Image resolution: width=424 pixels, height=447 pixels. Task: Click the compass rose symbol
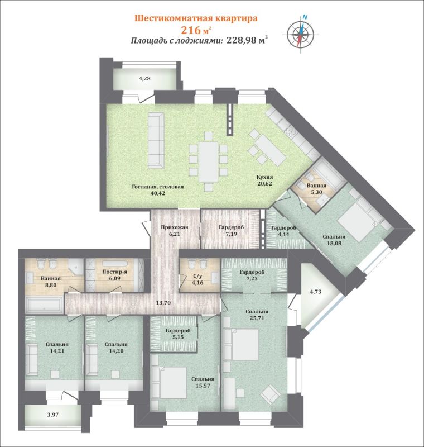click(x=301, y=34)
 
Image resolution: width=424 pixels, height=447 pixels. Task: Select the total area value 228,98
click(x=241, y=40)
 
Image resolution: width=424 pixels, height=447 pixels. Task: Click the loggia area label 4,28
click(x=144, y=78)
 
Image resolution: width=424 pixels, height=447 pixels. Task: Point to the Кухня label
click(x=264, y=177)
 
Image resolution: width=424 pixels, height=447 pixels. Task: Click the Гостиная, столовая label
click(x=158, y=187)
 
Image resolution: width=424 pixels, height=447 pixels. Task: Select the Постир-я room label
click(x=115, y=272)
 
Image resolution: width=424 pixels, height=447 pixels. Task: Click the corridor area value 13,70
click(x=163, y=303)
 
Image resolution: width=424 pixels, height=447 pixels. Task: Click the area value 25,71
click(x=257, y=318)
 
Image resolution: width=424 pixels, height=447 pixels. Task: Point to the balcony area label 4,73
click(x=315, y=292)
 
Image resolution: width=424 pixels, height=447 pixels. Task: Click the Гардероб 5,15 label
click(x=178, y=334)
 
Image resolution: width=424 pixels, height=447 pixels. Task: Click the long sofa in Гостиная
click(x=156, y=140)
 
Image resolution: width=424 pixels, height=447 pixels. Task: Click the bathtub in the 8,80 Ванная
click(x=44, y=305)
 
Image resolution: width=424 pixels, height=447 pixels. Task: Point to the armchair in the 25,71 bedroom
click(x=271, y=394)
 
